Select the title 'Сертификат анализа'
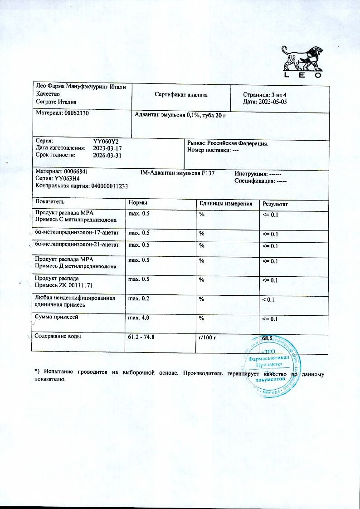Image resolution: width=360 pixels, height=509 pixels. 181,95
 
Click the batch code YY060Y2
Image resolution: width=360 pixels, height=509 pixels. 106,142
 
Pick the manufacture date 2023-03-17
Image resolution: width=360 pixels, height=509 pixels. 107,148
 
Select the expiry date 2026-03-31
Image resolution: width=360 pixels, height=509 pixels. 107,155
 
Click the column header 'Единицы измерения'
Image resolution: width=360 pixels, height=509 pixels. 226,204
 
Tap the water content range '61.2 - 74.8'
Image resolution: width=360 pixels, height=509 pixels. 144,338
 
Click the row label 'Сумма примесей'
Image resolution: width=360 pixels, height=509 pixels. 57,318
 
